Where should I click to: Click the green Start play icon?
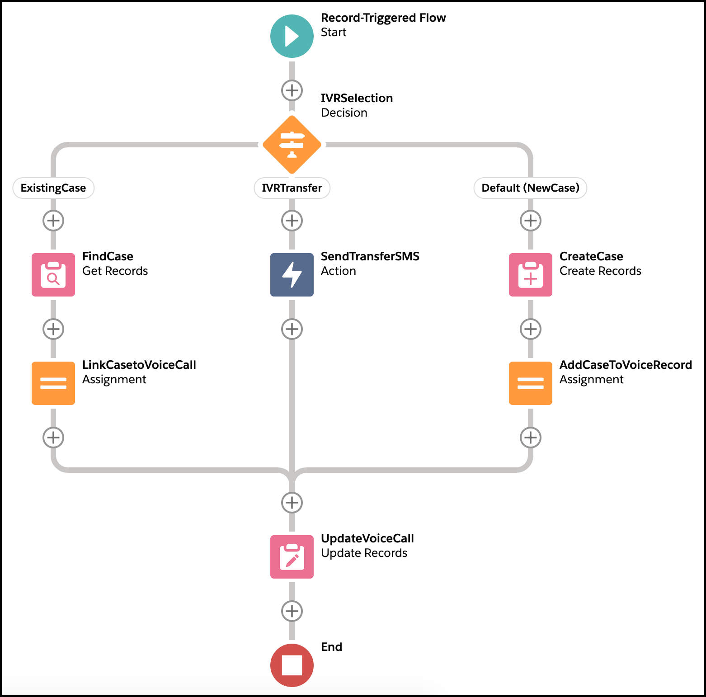pos(292,36)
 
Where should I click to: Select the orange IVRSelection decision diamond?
pos(292,145)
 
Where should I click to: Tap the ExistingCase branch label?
pos(53,188)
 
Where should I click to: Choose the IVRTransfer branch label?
pos(292,188)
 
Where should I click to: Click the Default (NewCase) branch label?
pos(530,188)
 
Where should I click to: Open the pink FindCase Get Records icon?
pos(53,275)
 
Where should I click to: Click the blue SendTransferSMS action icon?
pos(292,275)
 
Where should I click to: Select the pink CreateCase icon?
pos(531,275)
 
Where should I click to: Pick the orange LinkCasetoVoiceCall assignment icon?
pos(53,383)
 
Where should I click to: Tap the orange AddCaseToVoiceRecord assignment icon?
pos(531,383)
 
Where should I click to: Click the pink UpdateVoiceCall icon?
pos(292,557)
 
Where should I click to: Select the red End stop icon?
pos(292,665)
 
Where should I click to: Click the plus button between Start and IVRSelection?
pos(292,90)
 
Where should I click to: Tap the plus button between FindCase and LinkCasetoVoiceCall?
pos(53,329)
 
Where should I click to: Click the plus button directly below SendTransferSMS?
pos(292,329)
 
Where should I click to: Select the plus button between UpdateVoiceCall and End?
pos(292,611)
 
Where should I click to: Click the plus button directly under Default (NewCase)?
pos(531,221)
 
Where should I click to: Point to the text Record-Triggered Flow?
pos(383,18)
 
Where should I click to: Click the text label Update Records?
pos(364,553)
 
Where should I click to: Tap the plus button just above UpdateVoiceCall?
pos(292,503)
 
